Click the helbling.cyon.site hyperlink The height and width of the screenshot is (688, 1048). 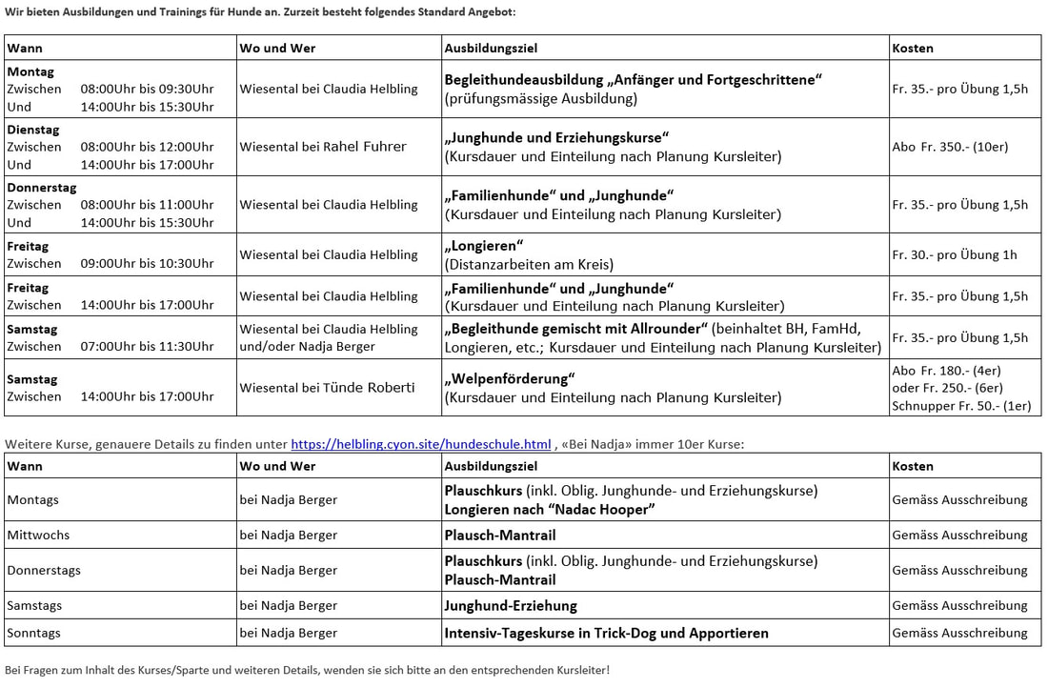[420, 443]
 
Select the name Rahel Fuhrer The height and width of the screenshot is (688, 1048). [365, 147]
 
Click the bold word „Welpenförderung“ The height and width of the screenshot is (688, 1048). [509, 377]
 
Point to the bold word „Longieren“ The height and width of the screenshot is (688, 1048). [485, 246]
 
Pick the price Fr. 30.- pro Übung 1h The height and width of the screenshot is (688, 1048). [954, 254]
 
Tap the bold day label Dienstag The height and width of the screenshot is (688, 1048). [30, 129]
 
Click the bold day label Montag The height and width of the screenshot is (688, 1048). [30, 71]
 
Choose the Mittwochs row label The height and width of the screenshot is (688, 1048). [38, 535]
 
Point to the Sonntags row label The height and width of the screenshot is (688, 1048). [34, 633]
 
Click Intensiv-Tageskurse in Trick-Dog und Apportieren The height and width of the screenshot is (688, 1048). [606, 633]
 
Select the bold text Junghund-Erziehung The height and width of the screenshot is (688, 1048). [511, 605]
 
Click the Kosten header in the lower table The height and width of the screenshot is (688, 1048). [913, 466]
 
